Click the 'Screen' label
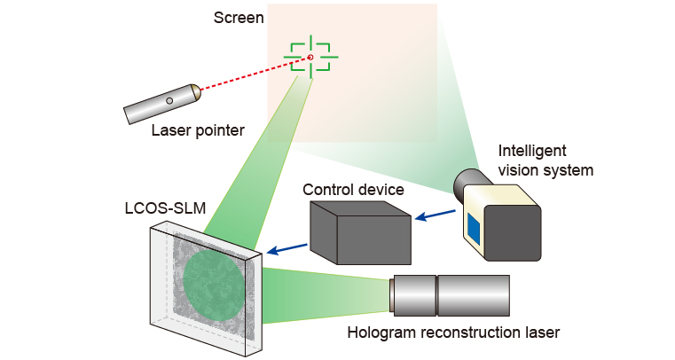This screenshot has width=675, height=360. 239,18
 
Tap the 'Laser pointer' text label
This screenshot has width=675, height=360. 197,131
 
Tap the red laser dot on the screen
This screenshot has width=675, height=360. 310,58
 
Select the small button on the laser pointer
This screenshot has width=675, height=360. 169,101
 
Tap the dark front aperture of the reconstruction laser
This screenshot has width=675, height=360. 391,295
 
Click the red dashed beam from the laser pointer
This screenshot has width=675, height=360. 253,74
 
